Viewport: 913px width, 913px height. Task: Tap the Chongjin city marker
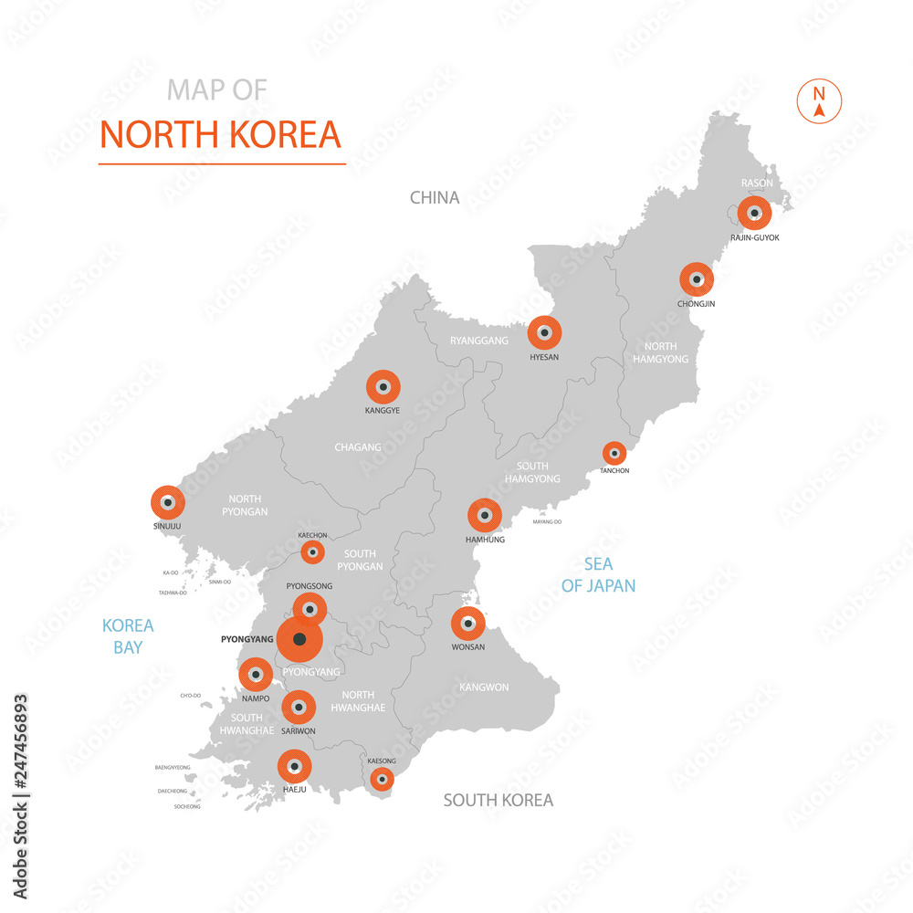tap(697, 279)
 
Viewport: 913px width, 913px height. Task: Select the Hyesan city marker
tap(544, 333)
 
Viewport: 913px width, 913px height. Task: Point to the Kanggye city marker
tap(383, 387)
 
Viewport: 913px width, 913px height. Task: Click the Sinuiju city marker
tap(168, 502)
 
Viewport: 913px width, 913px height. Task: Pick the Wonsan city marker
tap(468, 624)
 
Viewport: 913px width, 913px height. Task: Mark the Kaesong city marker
tap(382, 779)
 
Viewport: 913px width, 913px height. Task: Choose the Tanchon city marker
tap(614, 453)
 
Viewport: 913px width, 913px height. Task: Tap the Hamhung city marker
tap(485, 516)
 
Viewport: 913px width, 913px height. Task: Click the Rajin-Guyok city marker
tap(754, 214)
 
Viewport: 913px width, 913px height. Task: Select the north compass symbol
tap(819, 101)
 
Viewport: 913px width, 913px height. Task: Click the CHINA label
tap(435, 197)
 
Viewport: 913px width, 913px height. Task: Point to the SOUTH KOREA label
tap(498, 801)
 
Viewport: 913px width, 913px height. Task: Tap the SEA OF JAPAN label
tap(598, 575)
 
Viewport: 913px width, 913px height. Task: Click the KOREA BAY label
tap(128, 636)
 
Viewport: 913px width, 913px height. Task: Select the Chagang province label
tap(358, 447)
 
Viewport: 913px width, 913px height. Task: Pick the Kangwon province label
tap(484, 687)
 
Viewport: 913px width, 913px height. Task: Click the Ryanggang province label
tap(478, 341)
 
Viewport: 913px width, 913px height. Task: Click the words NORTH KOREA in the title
tap(220, 134)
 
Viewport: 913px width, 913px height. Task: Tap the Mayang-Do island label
tap(547, 522)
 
